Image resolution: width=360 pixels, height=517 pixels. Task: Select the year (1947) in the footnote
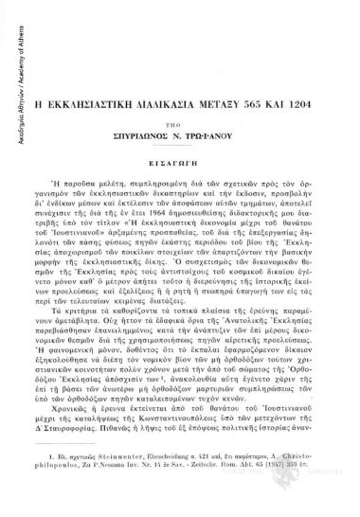pos(310,489)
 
